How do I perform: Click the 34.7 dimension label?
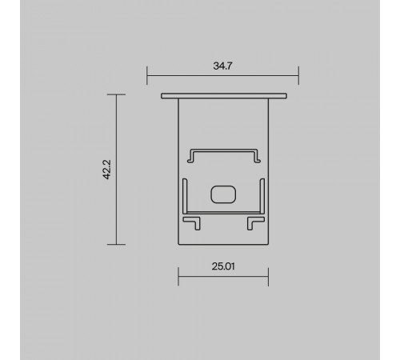(222, 66)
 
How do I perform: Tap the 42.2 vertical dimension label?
(106, 170)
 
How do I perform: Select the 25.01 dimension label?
(223, 266)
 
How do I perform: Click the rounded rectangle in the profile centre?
(223, 194)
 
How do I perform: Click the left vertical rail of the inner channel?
(185, 196)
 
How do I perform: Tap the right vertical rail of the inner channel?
(262, 196)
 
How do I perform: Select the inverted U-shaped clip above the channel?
(224, 150)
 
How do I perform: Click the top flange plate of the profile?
(224, 96)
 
